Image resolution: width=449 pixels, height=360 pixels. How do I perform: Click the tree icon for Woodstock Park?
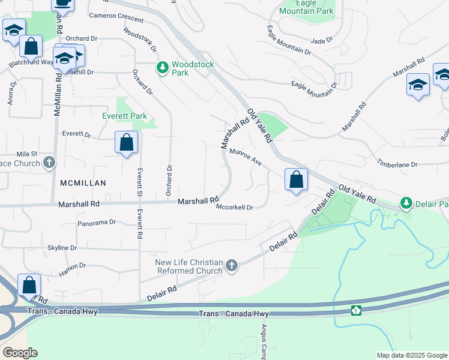[162, 68]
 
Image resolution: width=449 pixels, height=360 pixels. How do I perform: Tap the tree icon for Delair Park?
[407, 203]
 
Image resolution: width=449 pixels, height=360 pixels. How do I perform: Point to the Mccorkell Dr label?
[235, 207]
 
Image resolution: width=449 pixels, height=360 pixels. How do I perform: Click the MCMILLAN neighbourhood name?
[83, 182]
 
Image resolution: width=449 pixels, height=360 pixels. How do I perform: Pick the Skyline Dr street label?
[62, 248]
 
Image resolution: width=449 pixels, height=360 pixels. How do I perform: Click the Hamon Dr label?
[73, 269]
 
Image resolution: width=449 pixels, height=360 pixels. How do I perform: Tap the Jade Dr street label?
[322, 41]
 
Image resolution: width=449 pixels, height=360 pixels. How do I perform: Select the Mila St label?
[27, 154]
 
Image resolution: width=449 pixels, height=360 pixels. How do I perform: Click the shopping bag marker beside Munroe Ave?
[296, 179]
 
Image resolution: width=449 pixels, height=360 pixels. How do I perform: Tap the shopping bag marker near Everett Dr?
[126, 143]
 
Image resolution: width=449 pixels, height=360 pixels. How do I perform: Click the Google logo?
[19, 352]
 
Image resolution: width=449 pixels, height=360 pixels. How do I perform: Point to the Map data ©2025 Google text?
[411, 355]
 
